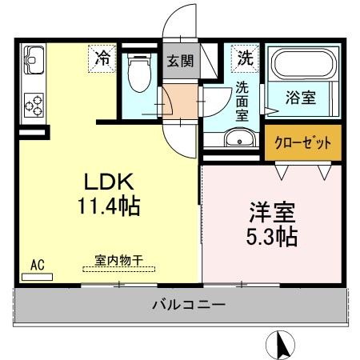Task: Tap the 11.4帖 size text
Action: pyautogui.click(x=109, y=206)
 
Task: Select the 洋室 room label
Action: pyautogui.click(x=274, y=214)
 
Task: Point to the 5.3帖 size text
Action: pyautogui.click(x=272, y=238)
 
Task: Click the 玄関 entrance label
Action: pyautogui.click(x=178, y=61)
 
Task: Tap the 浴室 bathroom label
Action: pyautogui.click(x=300, y=98)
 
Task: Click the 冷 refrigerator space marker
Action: pyautogui.click(x=103, y=58)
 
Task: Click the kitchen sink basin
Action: pyautogui.click(x=34, y=57)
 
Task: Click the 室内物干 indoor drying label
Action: pyautogui.click(x=119, y=259)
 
